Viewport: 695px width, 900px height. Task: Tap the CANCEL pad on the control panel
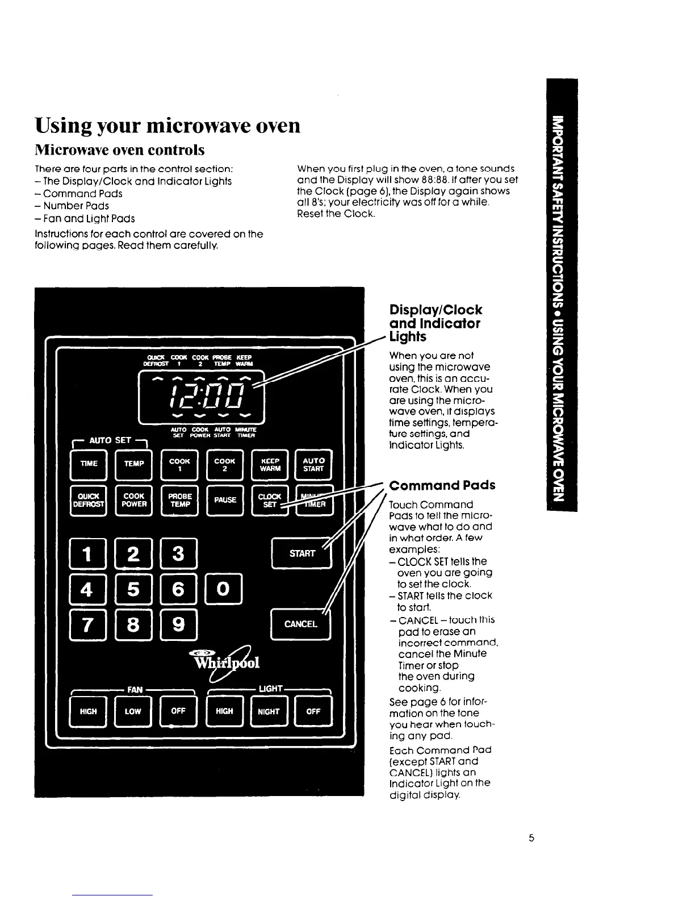tap(300, 624)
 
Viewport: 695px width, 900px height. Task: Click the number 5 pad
tap(133, 589)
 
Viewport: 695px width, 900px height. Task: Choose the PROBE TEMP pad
tap(180, 500)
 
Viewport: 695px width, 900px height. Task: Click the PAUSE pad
tap(225, 500)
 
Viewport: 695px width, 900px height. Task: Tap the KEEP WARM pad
tap(270, 464)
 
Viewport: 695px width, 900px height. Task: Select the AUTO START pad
tap(313, 464)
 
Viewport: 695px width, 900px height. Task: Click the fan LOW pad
tap(133, 711)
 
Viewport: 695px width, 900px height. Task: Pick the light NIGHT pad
tap(269, 711)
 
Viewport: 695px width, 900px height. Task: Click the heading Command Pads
tap(442, 485)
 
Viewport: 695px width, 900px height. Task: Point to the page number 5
tap(531, 838)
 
